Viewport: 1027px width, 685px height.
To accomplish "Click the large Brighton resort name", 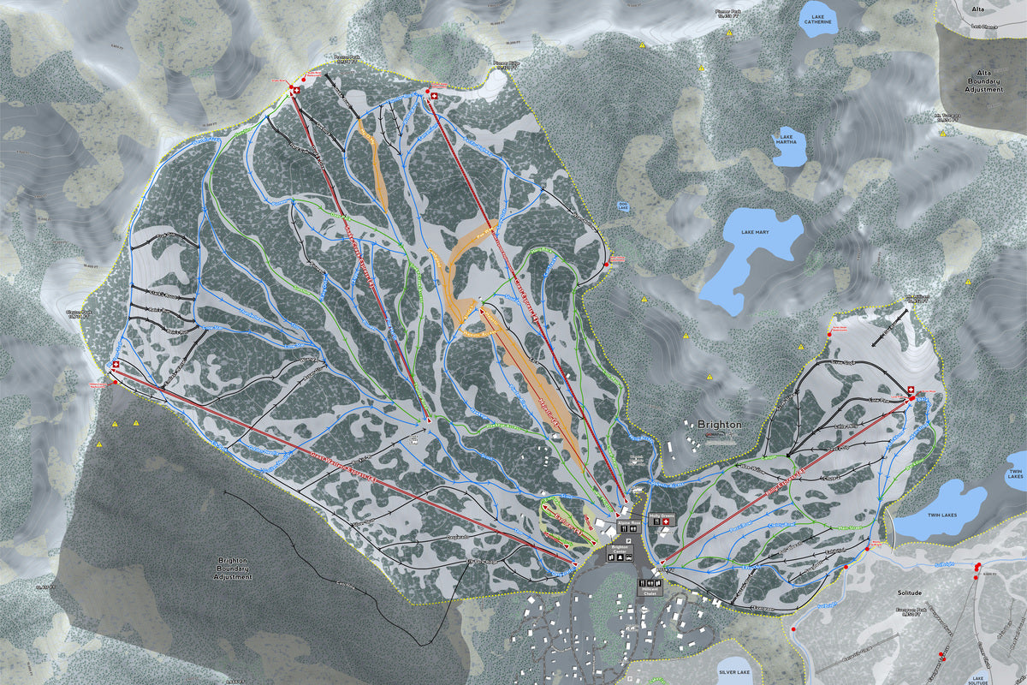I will coord(719,425).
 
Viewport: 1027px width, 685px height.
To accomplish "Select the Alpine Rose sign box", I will coord(628,527).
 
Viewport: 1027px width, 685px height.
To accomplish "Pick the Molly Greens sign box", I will coord(663,520).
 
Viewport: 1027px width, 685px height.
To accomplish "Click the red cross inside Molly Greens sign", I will coord(669,521).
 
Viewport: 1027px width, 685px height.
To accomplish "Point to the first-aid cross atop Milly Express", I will coord(910,391).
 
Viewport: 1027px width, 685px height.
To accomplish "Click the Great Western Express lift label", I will coord(342,470).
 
